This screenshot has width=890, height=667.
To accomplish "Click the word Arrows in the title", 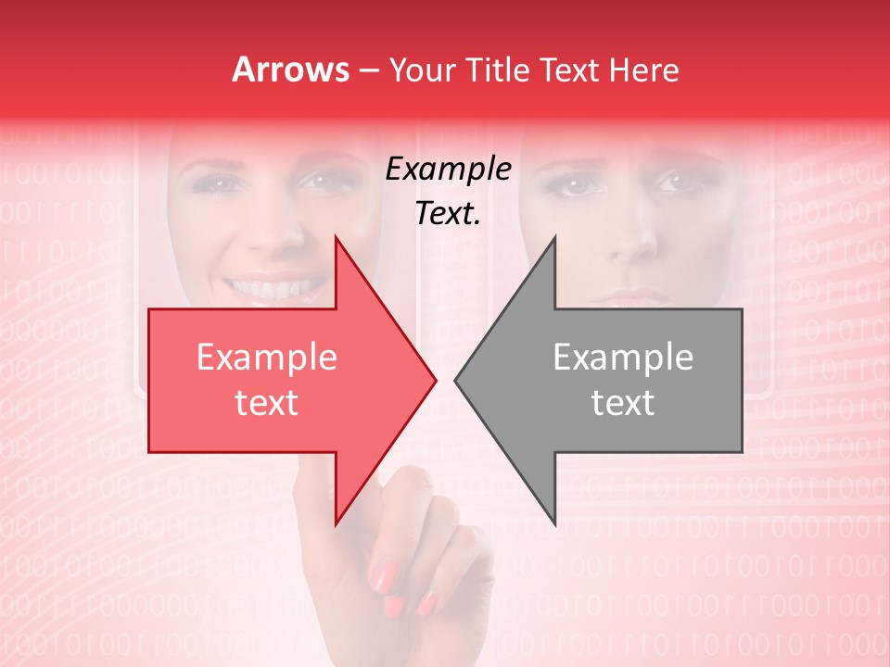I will [291, 69].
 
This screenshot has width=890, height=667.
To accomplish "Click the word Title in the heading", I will [501, 69].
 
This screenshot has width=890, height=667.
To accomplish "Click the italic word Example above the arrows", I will [448, 170].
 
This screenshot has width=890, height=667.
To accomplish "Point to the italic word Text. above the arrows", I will [448, 214].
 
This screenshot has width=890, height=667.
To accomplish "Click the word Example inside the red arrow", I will [267, 358].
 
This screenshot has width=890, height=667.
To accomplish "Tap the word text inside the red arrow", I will [267, 403].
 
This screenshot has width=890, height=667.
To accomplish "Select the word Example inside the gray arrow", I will [623, 358].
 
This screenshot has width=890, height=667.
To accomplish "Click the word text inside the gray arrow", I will [623, 403].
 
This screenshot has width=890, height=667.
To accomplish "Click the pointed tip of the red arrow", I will [434, 380].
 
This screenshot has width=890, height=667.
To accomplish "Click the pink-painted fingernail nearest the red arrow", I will [384, 576].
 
